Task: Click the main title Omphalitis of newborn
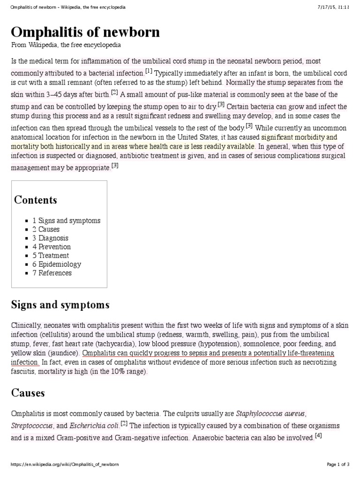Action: (85, 32)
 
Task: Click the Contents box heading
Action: (36, 200)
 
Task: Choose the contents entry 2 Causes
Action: (46, 229)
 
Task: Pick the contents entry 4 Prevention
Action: (52, 247)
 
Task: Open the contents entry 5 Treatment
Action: (51, 255)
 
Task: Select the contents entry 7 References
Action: (52, 273)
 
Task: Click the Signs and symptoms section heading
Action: (60, 305)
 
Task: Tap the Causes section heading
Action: (28, 393)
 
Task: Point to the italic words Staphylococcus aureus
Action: (270, 414)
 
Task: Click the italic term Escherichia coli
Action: (94, 426)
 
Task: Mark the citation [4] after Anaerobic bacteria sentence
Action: (318, 435)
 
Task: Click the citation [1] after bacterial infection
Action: (149, 71)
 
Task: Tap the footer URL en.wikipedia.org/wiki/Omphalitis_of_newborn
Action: (64, 465)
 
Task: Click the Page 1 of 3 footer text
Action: (338, 465)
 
